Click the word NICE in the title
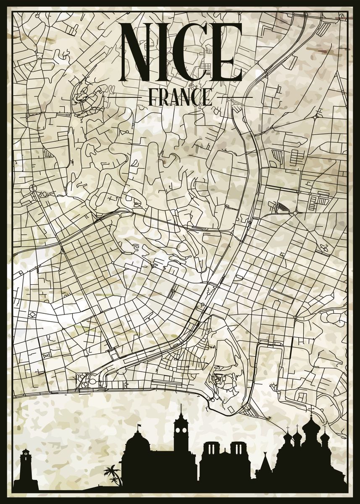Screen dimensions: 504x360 point(181,52)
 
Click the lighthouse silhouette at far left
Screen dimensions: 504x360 point(26,468)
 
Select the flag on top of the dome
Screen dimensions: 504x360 point(139,426)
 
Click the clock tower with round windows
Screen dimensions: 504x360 point(181,437)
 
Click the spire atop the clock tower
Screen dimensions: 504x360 point(181,409)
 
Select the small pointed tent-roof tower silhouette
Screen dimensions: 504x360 point(265,464)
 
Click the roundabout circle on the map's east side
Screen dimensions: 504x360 point(295,213)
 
